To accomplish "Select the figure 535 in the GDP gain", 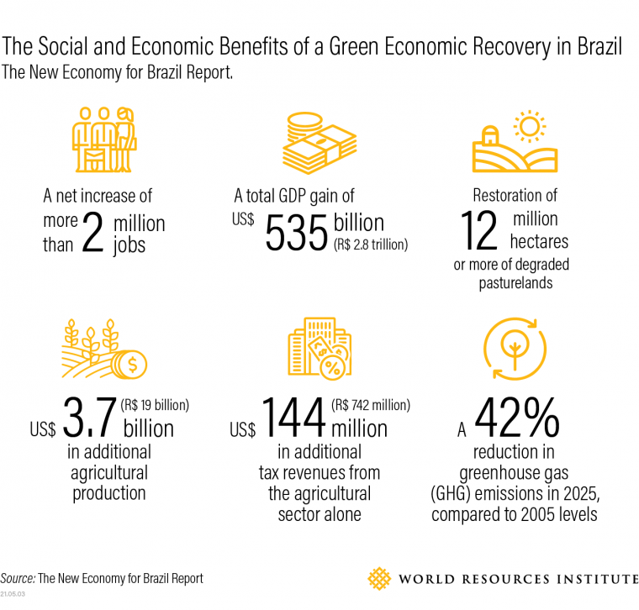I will point(295,233).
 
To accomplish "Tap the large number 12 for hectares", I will point(480,231).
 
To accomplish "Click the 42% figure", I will point(516,418).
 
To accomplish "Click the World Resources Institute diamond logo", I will point(379,579).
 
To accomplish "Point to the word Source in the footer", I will point(18,579).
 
